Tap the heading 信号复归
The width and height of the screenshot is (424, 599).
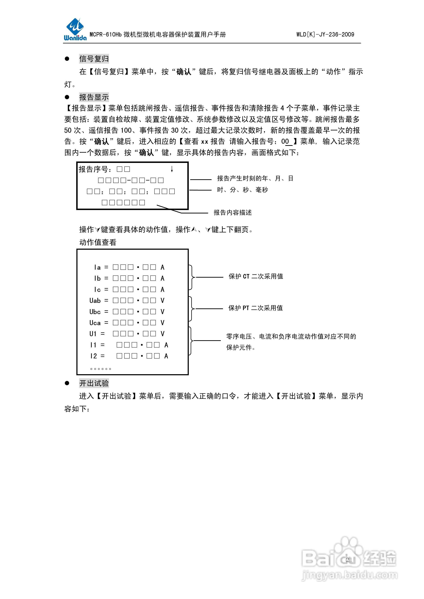pos(94,59)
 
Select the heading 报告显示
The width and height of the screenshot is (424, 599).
pos(94,97)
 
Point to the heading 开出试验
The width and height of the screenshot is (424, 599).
pos(94,383)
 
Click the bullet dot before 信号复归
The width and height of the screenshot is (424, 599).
pos(67,59)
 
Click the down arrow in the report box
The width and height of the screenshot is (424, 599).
pos(172,169)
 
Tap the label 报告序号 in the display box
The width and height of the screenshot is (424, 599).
pos(93,169)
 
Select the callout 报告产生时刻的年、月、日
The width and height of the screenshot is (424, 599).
pos(255,178)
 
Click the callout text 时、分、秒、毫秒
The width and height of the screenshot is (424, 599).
pos(242,190)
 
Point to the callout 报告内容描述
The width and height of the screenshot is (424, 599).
pos(233,213)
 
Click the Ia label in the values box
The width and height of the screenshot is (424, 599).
pos(97,267)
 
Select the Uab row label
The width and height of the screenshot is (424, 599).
pos(95,301)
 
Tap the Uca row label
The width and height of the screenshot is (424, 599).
pos(95,323)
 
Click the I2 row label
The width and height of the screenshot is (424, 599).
pos(93,356)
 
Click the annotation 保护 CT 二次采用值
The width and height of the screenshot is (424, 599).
pos(256,276)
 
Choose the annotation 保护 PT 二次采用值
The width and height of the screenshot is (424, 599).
pos(256,308)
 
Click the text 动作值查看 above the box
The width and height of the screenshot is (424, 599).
pos(98,242)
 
